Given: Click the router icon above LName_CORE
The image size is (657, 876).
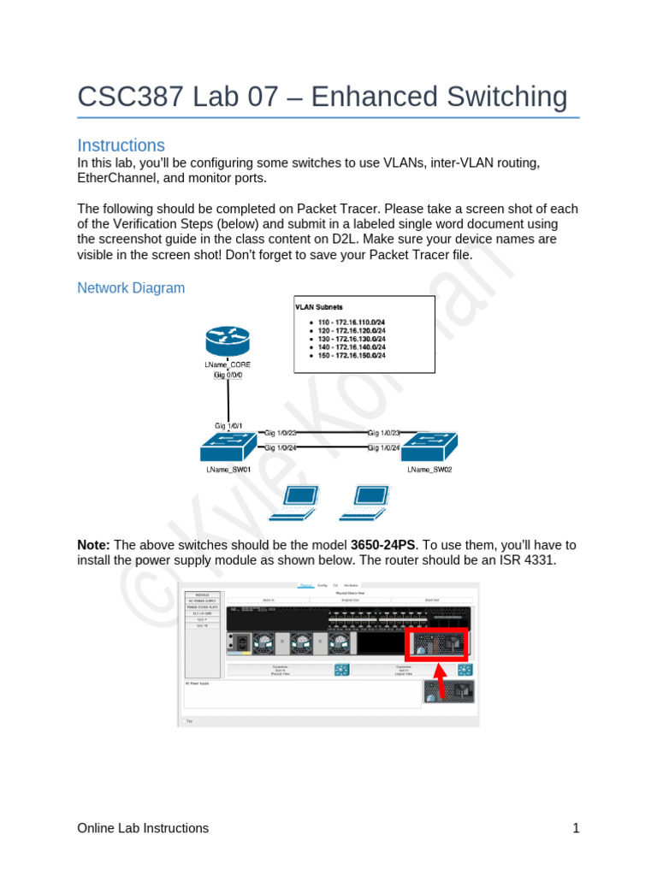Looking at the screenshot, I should pyautogui.click(x=228, y=343).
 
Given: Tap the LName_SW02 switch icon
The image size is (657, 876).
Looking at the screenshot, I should pyautogui.click(x=429, y=447).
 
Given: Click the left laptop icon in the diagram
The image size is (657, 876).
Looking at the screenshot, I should pyautogui.click(x=293, y=502).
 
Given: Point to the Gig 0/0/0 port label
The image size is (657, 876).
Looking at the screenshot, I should pyautogui.click(x=228, y=375).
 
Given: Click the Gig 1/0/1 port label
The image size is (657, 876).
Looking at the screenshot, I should pyautogui.click(x=228, y=425).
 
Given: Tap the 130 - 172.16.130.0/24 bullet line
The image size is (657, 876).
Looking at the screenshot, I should pyautogui.click(x=352, y=338).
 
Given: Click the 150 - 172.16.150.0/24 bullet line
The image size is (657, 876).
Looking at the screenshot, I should pyautogui.click(x=352, y=355).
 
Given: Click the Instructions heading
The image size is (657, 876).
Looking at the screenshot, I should pyautogui.click(x=121, y=145).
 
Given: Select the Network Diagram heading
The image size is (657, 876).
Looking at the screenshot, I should pyautogui.click(x=131, y=287).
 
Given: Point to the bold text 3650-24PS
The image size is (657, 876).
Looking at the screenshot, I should pyautogui.click(x=382, y=545).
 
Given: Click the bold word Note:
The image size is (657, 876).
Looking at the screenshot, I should pyautogui.click(x=93, y=545).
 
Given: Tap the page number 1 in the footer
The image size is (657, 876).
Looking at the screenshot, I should pyautogui.click(x=576, y=828).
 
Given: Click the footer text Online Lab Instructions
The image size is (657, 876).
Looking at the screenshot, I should pyautogui.click(x=143, y=828).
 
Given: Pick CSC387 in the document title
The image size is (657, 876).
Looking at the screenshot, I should pyautogui.click(x=123, y=97).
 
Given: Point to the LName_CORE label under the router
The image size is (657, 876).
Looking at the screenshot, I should pyautogui.click(x=228, y=364).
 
